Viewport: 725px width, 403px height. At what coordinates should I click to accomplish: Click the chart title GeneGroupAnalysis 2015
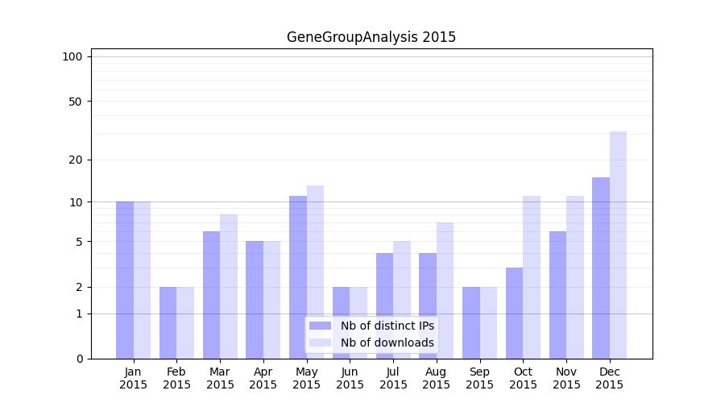(371, 37)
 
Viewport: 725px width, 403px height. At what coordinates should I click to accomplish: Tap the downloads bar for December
(618, 245)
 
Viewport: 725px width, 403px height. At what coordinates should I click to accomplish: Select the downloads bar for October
(532, 277)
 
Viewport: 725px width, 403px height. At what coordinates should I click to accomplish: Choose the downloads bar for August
(445, 290)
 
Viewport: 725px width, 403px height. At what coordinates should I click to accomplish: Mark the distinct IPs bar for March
(211, 295)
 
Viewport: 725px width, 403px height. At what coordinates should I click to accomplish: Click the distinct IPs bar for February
(168, 322)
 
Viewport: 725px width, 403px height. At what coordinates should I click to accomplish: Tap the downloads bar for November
(575, 277)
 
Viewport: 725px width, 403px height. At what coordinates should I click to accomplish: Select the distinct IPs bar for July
(384, 305)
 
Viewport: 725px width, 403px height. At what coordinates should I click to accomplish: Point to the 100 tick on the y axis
(73, 56)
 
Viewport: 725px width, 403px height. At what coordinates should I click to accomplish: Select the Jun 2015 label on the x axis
(350, 378)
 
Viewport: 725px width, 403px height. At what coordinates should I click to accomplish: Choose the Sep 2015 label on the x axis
(479, 378)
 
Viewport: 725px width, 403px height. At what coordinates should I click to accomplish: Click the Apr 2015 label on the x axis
(263, 378)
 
